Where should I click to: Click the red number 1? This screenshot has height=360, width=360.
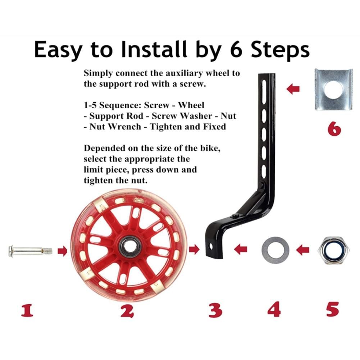tap(27, 310)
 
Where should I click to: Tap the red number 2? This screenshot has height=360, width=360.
tap(127, 311)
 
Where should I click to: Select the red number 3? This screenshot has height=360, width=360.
tap(215, 310)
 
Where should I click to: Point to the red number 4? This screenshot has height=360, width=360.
tap(274, 309)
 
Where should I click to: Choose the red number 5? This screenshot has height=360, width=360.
tap(333, 309)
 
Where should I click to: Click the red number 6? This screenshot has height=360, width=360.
tap(334, 129)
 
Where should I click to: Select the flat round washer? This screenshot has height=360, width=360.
tap(275, 250)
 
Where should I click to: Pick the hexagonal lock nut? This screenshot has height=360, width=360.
tap(333, 250)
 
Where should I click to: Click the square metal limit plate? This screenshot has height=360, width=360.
tap(333, 89)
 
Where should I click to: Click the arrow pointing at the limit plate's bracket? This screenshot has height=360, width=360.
tap(293, 89)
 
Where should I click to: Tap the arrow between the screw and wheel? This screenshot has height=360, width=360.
tap(62, 251)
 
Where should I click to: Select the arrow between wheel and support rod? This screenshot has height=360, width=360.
tap(194, 249)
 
